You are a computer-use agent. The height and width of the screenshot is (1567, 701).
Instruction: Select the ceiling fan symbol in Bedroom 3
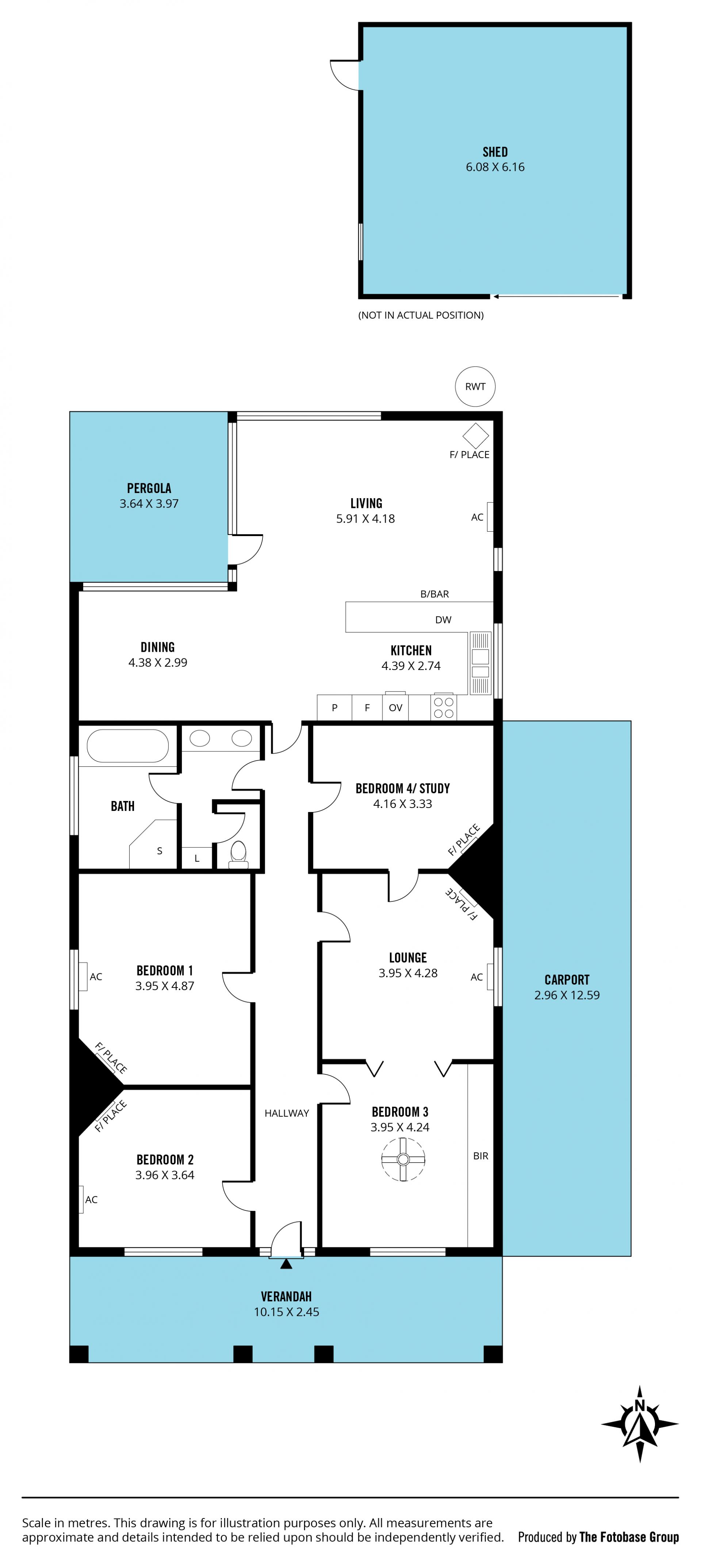click(x=403, y=1159)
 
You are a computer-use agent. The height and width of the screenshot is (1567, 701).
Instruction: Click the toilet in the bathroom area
click(x=238, y=854)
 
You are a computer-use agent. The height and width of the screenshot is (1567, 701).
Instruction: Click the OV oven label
click(x=395, y=708)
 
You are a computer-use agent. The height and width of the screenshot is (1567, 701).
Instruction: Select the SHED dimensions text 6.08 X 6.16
click(x=495, y=167)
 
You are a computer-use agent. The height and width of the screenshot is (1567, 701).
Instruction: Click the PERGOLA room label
click(x=149, y=488)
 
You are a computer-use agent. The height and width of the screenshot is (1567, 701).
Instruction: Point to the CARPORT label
click(x=567, y=979)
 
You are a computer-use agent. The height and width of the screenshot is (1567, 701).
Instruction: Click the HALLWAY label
click(x=287, y=1113)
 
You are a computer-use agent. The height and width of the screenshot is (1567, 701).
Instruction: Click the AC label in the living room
click(x=477, y=517)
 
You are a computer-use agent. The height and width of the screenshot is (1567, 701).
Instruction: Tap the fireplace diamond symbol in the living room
click(x=475, y=436)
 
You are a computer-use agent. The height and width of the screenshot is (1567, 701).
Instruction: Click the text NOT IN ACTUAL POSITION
click(x=421, y=315)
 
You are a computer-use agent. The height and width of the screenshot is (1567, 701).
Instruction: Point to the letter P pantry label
click(x=335, y=708)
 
